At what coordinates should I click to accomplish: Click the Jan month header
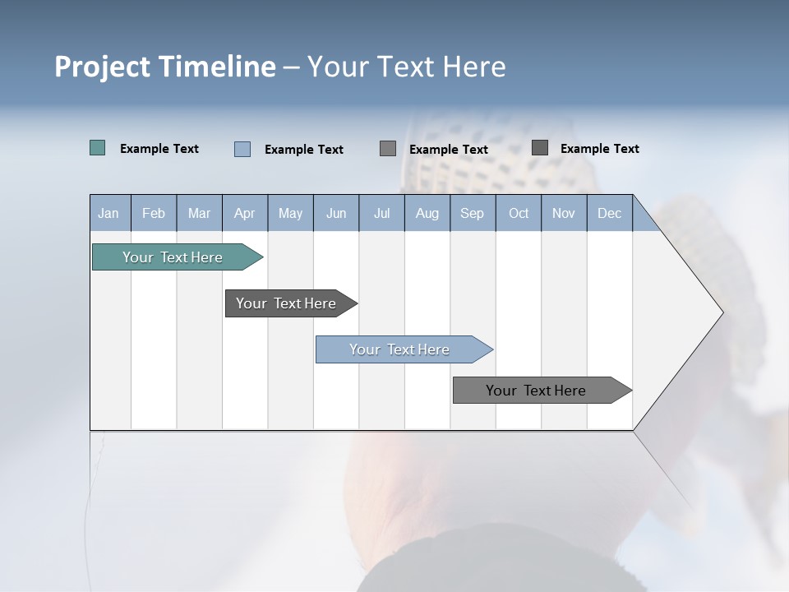click(109, 213)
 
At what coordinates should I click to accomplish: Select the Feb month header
click(154, 213)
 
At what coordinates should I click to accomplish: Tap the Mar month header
click(199, 213)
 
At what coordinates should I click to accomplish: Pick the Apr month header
click(245, 213)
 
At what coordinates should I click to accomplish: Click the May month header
click(290, 213)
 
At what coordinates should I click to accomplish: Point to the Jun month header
click(336, 213)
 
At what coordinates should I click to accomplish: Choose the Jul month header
click(381, 213)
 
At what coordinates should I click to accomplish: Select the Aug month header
click(427, 213)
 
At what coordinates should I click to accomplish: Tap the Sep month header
click(473, 213)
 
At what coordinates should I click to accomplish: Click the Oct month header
click(519, 213)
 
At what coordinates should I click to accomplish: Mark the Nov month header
click(564, 213)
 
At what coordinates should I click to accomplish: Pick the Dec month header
click(610, 213)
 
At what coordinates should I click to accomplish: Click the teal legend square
click(98, 148)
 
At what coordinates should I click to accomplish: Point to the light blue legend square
click(242, 149)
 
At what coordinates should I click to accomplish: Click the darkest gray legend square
click(540, 148)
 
